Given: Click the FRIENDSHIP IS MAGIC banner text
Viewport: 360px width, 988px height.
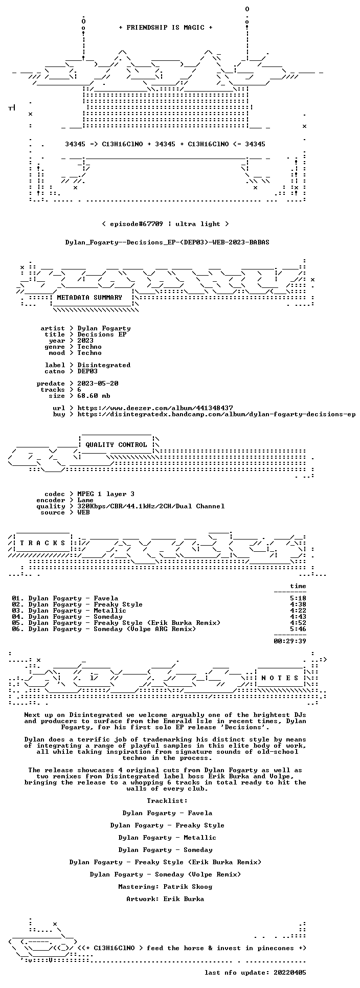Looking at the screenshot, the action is click(x=166, y=28).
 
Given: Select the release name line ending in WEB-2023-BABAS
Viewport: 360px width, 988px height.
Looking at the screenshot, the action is click(x=167, y=242).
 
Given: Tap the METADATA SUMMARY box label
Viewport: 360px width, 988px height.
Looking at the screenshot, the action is click(x=89, y=298).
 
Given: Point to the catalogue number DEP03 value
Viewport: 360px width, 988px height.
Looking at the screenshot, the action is click(x=87, y=371).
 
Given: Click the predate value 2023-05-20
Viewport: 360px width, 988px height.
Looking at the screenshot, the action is click(x=98, y=384).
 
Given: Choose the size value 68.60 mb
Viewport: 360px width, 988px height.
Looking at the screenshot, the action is click(x=94, y=396).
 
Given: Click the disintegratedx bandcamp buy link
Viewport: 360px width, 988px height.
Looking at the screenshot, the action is click(x=216, y=414).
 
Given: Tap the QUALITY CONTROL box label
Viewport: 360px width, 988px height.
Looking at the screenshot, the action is click(x=116, y=445).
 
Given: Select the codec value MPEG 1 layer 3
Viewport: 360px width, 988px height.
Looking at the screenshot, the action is click(x=106, y=494).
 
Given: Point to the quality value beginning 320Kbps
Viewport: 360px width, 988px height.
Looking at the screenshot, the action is click(x=151, y=506).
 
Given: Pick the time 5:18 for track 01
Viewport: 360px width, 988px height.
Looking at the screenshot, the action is click(x=298, y=598).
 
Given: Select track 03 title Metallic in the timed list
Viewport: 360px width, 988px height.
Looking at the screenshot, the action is click(x=110, y=611).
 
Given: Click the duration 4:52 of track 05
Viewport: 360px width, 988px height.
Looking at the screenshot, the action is click(x=298, y=623).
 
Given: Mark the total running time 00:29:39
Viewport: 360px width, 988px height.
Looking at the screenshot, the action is click(x=290, y=641).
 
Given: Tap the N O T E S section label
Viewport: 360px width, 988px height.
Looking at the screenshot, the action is click(x=280, y=678).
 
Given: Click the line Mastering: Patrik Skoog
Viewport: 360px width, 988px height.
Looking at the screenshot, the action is click(x=165, y=887).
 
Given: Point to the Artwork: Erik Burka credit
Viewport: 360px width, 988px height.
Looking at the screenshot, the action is click(x=165, y=899).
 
